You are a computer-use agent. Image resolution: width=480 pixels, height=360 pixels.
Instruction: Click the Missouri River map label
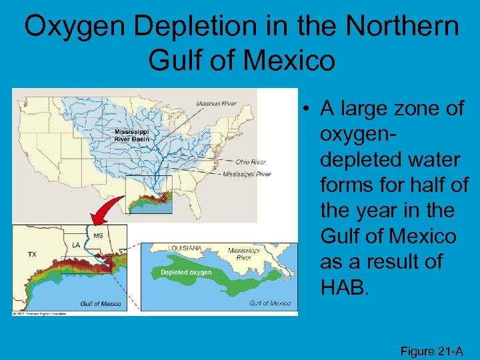click(216, 103)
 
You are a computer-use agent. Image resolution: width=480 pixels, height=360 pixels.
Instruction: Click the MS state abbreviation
click(97, 236)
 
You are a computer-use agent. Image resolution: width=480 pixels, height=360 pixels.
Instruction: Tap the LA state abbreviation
click(76, 245)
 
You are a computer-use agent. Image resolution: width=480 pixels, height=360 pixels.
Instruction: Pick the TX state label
click(31, 254)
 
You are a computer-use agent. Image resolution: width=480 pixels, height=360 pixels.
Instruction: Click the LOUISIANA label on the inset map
click(185, 248)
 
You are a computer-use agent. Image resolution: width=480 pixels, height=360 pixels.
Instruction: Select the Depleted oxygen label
click(186, 272)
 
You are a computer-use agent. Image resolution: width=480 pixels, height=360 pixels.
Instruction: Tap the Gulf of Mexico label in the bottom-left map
click(101, 303)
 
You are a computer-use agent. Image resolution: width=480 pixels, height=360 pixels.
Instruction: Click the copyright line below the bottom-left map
click(40, 312)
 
